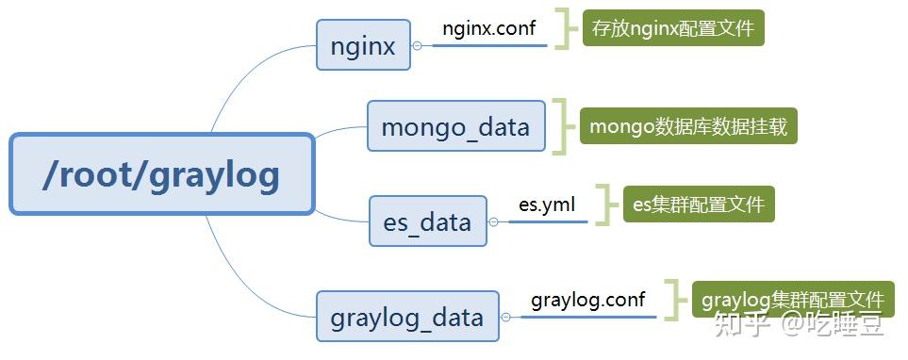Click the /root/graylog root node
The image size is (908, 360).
click(161, 174)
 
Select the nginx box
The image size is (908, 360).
click(363, 44)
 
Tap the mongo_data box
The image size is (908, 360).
click(455, 125)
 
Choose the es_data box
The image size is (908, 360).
click(427, 221)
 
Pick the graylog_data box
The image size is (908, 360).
click(406, 316)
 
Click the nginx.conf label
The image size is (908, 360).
click(488, 28)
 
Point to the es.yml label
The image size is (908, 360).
click(546, 203)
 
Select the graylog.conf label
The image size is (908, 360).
click(587, 300)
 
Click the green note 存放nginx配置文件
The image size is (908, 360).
click(672, 28)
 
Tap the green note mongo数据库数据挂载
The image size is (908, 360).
click(688, 124)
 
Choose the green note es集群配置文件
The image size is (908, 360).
click(698, 204)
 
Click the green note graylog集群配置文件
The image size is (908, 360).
click(792, 300)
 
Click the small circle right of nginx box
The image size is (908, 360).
click(417, 45)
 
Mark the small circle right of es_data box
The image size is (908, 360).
click(493, 222)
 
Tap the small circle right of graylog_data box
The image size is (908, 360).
click(506, 317)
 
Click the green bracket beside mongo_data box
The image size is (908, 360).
click(563, 125)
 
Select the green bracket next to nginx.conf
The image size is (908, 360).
click(565, 28)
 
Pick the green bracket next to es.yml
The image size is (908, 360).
click(605, 204)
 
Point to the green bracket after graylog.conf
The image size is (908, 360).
click(673, 300)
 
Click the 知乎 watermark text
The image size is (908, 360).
click(737, 324)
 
